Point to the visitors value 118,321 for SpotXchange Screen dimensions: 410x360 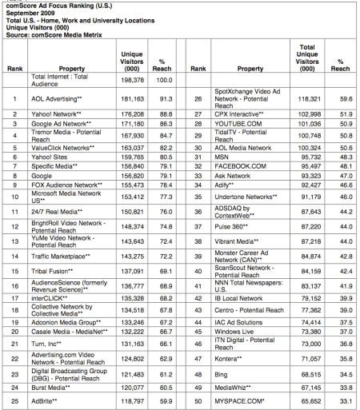(x=309, y=98)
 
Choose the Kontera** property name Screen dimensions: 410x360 (x=232, y=360)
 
